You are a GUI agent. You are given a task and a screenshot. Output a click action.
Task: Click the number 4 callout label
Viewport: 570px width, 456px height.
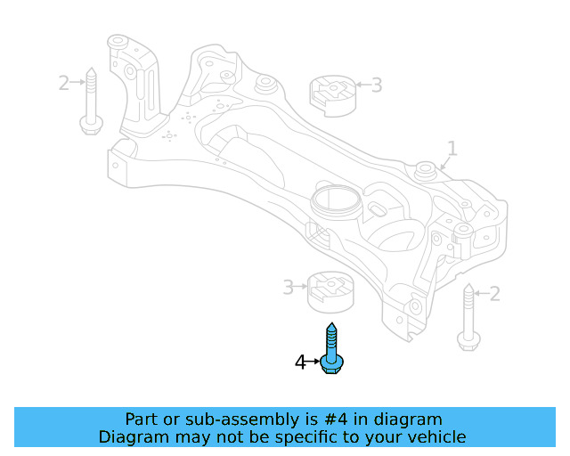pos(300,362)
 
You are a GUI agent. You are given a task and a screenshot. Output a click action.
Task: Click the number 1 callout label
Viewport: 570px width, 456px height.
pos(452,148)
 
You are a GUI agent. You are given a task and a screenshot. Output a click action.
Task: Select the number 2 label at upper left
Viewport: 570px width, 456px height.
pos(63,83)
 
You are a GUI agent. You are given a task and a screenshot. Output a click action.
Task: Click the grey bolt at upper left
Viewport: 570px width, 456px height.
pos(89,102)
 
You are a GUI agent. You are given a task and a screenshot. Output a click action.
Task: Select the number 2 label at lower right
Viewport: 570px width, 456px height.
pos(495,293)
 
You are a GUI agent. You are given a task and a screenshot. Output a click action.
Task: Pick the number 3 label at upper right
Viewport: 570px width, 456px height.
pos(376,85)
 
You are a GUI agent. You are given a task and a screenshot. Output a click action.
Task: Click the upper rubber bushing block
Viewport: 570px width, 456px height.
pos(330,95)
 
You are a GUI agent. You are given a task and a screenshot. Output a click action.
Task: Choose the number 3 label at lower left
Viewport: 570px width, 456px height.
pos(288,287)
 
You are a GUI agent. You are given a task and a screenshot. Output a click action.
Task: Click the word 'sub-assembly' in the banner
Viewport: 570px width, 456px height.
pos(224,419)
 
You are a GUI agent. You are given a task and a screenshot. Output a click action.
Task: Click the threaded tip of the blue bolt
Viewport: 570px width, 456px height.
pos(332,328)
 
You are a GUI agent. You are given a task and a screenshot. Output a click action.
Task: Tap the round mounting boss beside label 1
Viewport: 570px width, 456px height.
pos(427,167)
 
